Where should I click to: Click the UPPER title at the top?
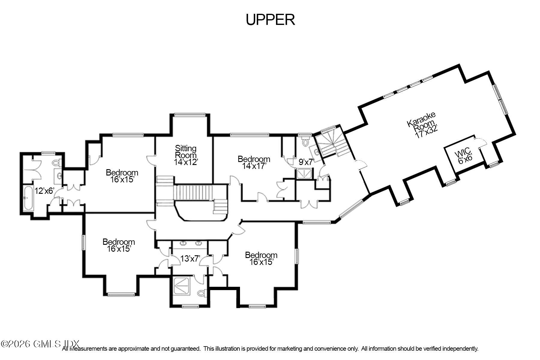coord(270,20)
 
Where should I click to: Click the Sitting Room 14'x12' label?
coord(186,155)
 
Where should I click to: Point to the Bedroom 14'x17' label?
coord(254,162)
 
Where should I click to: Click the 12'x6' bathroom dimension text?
coord(44,191)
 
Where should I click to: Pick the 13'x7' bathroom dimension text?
coord(190,259)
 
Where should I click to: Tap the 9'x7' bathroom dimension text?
coord(306,162)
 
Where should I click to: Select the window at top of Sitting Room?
coord(190,114)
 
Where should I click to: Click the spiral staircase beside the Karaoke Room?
coord(331,143)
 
